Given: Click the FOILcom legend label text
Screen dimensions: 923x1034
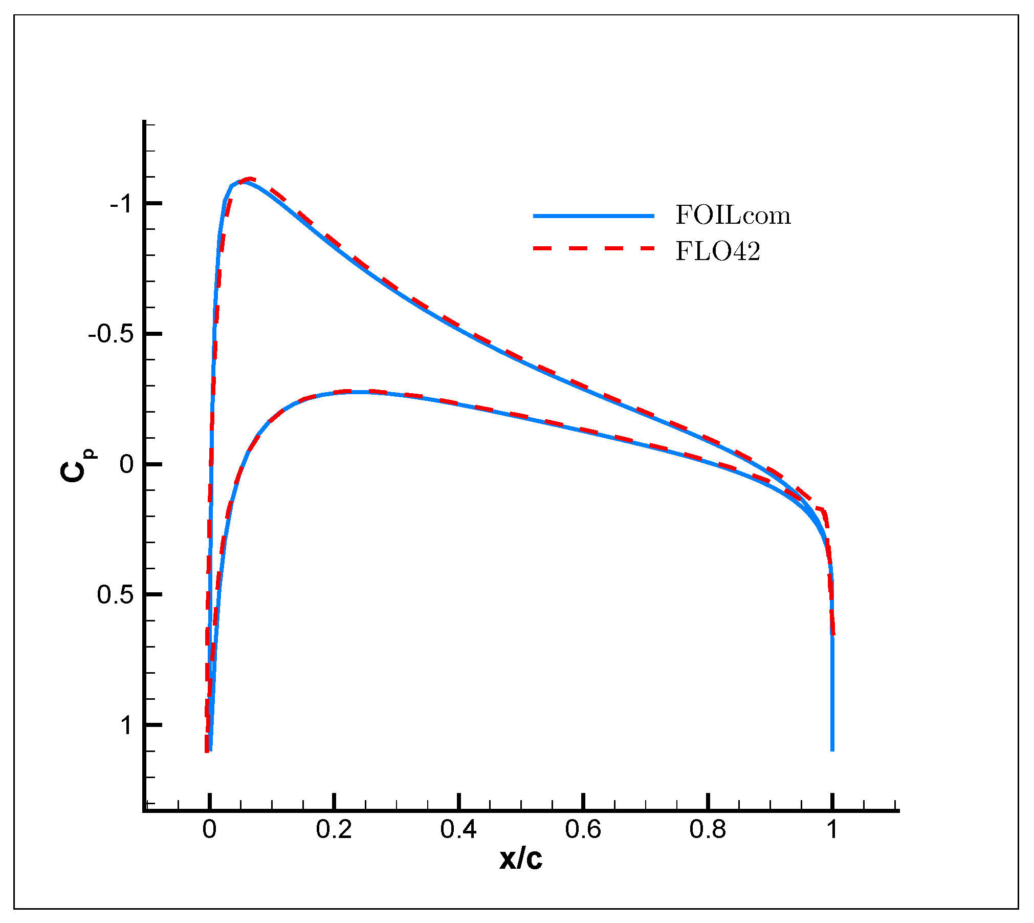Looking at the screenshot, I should (733, 215).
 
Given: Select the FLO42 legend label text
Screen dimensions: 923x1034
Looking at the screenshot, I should (718, 251).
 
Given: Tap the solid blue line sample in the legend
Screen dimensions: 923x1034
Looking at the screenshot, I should (593, 216).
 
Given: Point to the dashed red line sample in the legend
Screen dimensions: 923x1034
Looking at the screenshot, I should (593, 248).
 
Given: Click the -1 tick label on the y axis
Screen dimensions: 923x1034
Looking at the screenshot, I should (121, 204).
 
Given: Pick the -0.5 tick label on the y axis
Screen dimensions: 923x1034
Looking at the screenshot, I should (111, 334).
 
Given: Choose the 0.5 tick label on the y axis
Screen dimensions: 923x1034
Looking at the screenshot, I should (115, 595).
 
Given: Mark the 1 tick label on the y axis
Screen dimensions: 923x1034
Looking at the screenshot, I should (126, 725).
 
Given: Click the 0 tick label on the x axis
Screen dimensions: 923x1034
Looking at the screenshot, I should (209, 829).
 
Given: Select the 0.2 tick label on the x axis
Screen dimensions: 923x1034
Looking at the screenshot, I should (334, 829).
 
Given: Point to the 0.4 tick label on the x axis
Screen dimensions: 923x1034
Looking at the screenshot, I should (458, 829).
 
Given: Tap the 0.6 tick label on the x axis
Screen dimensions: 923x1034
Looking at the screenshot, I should (583, 829).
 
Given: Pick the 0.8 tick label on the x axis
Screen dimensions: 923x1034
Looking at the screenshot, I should (708, 829).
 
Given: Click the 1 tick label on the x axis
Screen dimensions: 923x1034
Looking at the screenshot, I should (832, 829).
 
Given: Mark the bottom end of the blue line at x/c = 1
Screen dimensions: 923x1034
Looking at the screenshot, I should (832, 749).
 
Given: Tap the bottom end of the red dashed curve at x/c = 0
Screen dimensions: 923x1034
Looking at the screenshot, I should (207, 750).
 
